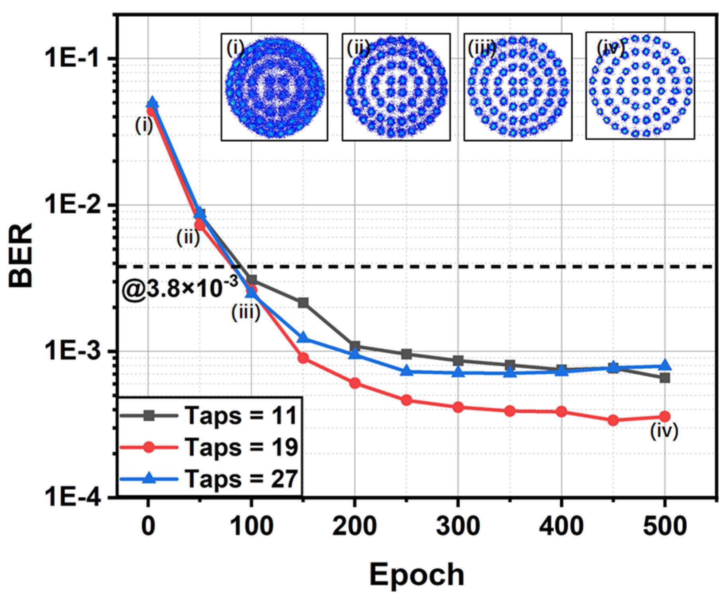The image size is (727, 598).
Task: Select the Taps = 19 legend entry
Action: (209, 448)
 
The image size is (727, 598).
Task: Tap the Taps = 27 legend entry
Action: (209, 479)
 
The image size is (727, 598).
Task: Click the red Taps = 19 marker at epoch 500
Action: (665, 416)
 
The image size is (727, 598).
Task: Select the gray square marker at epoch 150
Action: (303, 303)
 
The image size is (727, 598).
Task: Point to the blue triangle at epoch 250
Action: (406, 371)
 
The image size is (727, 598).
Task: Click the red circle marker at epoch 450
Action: (613, 420)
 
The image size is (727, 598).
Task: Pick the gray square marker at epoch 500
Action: (665, 378)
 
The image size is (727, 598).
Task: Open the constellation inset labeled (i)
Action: (275, 87)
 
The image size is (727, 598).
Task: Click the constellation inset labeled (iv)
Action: (640, 86)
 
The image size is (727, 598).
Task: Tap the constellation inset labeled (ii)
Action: (396, 87)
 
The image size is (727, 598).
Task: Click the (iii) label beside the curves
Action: (246, 313)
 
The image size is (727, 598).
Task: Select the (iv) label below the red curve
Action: (664, 432)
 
